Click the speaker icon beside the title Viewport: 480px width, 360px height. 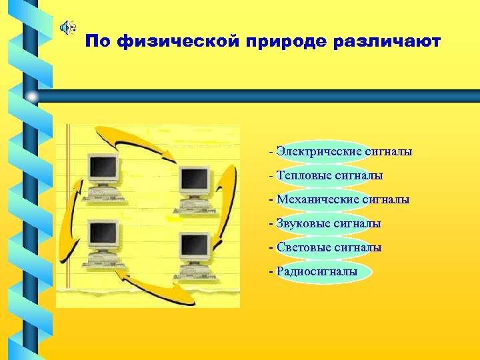[66, 27]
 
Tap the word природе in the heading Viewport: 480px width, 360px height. [280, 42]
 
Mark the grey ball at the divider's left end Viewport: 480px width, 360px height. [32, 97]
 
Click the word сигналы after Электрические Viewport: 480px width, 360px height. [389, 152]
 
